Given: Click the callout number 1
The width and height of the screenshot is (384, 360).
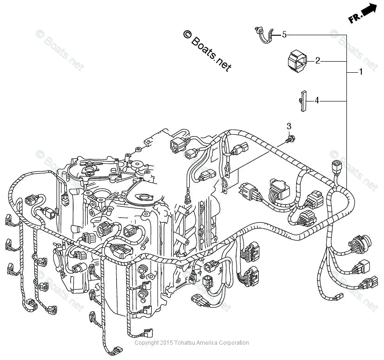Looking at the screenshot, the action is click(360, 72).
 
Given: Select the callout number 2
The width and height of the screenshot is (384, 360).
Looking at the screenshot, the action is click(318, 60).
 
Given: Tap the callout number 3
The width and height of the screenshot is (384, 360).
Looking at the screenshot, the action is click(289, 126).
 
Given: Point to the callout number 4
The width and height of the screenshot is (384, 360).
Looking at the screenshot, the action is click(317, 101).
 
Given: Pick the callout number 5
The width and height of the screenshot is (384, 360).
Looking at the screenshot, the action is click(284, 34).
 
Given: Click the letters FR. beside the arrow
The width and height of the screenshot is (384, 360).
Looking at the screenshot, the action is click(355, 18).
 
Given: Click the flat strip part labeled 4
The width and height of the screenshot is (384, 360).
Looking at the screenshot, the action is click(303, 101).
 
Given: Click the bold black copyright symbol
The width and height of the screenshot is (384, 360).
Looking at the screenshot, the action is click(187, 34).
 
